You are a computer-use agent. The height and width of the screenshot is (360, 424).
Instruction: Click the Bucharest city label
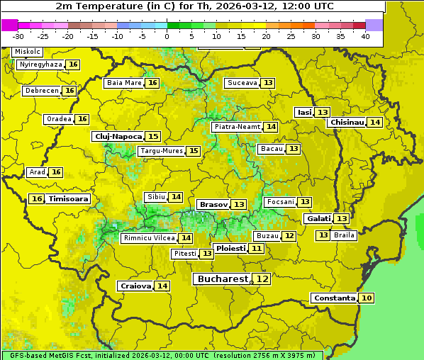point(223,279)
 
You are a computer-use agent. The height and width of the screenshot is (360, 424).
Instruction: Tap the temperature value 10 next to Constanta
point(366,298)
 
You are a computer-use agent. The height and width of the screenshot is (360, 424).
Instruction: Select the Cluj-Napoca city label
point(118,136)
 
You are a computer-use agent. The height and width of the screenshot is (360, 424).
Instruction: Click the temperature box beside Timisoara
point(37,199)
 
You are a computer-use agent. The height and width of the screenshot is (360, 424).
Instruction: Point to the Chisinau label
point(346,122)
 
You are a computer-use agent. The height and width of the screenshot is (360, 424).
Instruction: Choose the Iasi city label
point(304,112)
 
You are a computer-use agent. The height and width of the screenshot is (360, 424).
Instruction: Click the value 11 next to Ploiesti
point(256,249)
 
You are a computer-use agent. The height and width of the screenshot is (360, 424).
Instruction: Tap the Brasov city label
point(213,204)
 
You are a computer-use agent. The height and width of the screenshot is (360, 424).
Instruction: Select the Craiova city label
point(135,286)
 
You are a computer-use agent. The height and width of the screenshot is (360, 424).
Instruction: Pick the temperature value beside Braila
point(323,235)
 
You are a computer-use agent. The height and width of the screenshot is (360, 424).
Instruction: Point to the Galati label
point(318,219)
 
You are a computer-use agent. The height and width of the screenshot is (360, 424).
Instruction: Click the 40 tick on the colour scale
point(365,35)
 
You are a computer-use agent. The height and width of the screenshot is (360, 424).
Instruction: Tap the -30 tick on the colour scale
point(18,35)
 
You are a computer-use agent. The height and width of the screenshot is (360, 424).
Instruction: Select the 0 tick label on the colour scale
point(167,35)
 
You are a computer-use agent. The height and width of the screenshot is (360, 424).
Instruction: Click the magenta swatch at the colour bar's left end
point(9,25)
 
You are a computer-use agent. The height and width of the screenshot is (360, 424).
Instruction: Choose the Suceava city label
point(242,83)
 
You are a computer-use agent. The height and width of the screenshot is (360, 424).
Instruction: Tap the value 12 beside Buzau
point(289,236)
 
